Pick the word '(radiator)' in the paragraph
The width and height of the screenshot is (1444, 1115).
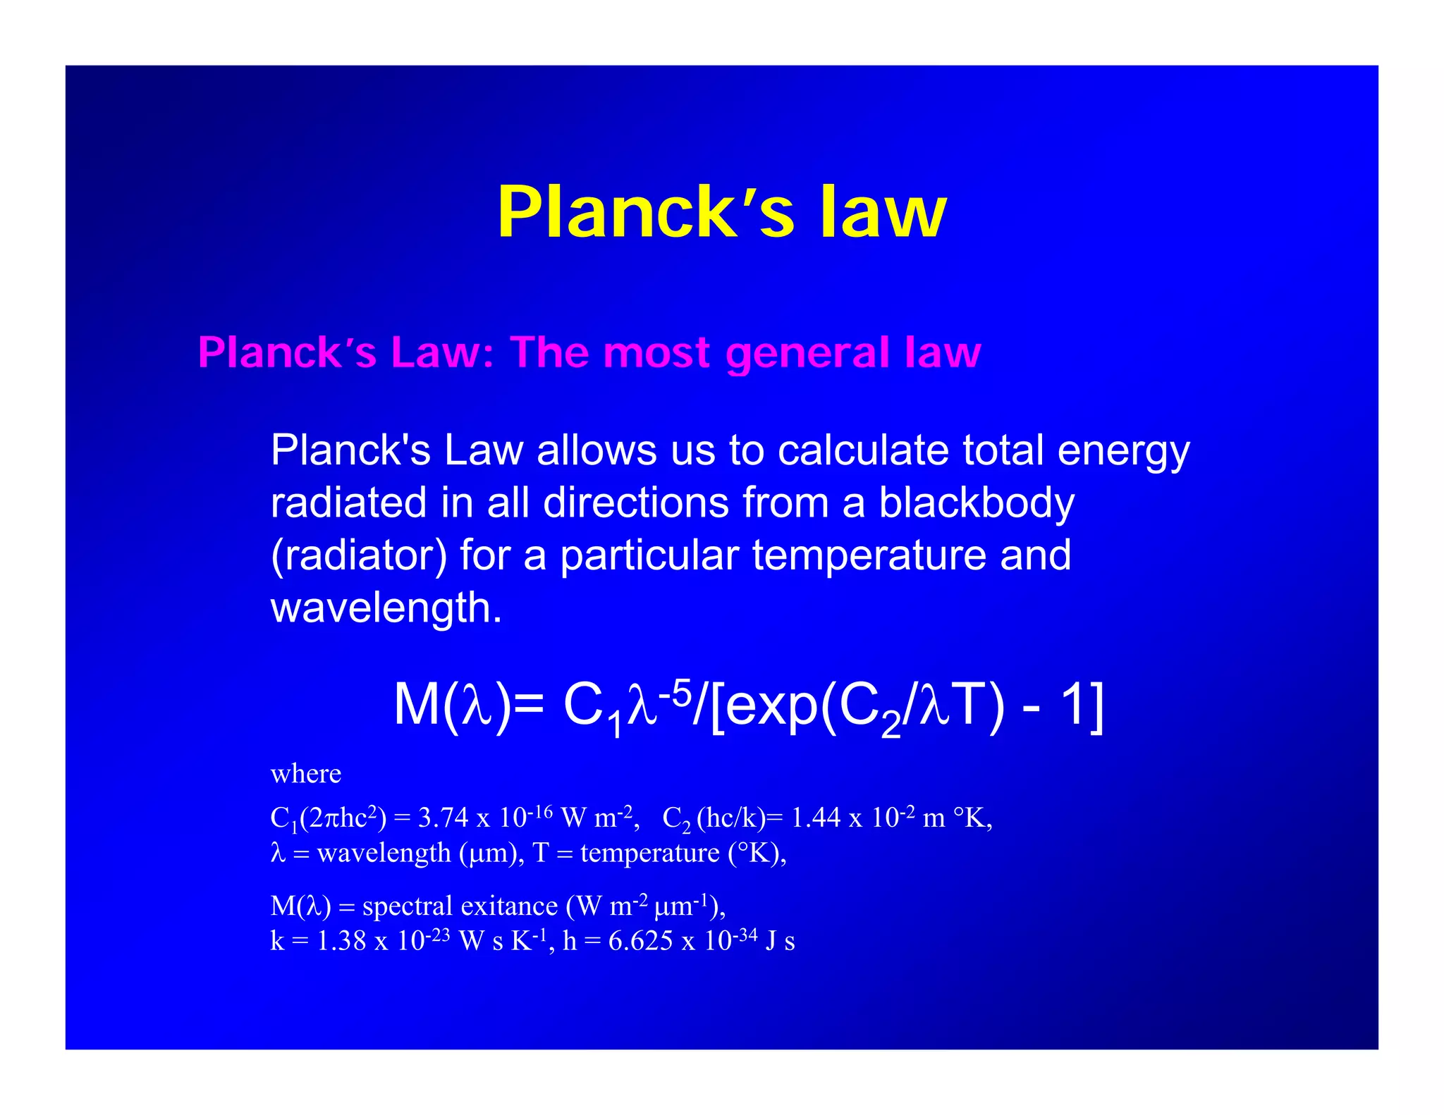click(x=359, y=555)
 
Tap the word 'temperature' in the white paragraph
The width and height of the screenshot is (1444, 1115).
click(x=869, y=555)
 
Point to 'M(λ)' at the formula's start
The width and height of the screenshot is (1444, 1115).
click(x=452, y=705)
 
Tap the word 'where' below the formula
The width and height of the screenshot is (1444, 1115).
click(x=306, y=774)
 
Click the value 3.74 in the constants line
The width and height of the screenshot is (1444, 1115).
click(x=443, y=818)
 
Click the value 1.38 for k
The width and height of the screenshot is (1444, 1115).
click(x=341, y=941)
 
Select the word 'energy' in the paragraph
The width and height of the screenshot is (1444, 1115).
click(x=1123, y=451)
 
